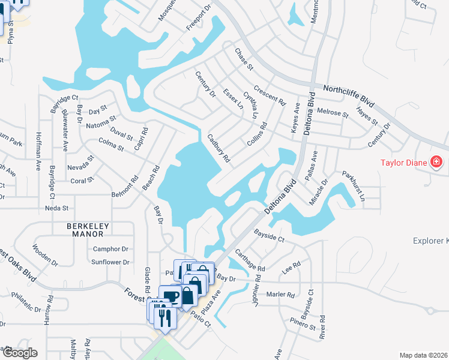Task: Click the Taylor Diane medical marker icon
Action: [436, 163]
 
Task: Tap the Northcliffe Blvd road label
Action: [348, 96]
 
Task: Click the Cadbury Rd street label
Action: [218, 148]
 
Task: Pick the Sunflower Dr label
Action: [110, 262]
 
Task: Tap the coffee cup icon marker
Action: [170, 296]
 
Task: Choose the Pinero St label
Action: [304, 327]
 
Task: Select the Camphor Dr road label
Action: [110, 248]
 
